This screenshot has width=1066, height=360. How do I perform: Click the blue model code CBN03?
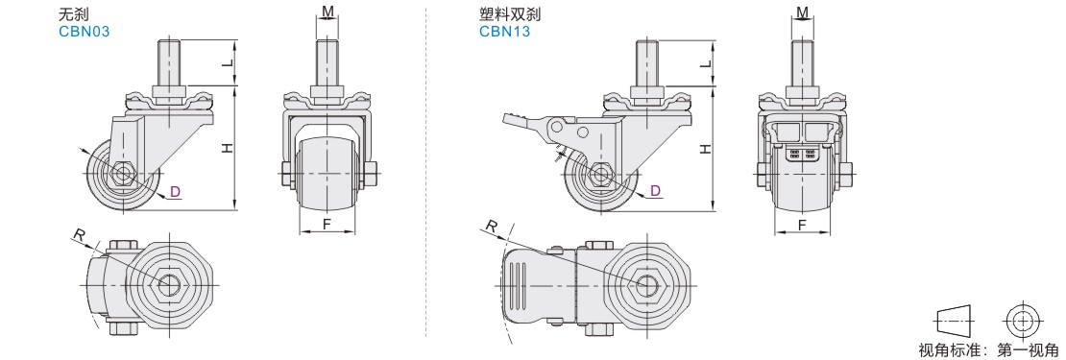click(x=85, y=32)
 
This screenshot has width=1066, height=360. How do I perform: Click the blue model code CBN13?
click(x=504, y=32)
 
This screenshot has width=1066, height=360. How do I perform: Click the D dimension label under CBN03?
click(x=176, y=192)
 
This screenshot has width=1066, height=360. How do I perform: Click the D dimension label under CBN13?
click(x=655, y=191)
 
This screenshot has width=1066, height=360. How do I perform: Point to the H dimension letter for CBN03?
click(x=228, y=148)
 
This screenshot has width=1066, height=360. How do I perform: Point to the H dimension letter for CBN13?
click(x=707, y=148)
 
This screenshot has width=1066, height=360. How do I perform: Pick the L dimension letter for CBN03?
click(x=228, y=63)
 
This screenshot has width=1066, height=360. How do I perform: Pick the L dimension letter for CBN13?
click(x=707, y=63)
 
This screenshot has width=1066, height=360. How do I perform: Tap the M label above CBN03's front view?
click(x=327, y=12)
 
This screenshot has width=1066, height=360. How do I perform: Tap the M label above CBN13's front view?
click(x=802, y=12)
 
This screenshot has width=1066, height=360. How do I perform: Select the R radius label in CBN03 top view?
click(x=80, y=236)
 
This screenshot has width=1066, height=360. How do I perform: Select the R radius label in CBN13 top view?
click(x=492, y=227)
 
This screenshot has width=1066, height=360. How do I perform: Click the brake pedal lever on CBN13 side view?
click(x=523, y=122)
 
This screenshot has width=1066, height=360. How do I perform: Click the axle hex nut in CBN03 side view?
click(x=123, y=173)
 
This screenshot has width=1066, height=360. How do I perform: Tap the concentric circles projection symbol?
click(x=1022, y=320)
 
